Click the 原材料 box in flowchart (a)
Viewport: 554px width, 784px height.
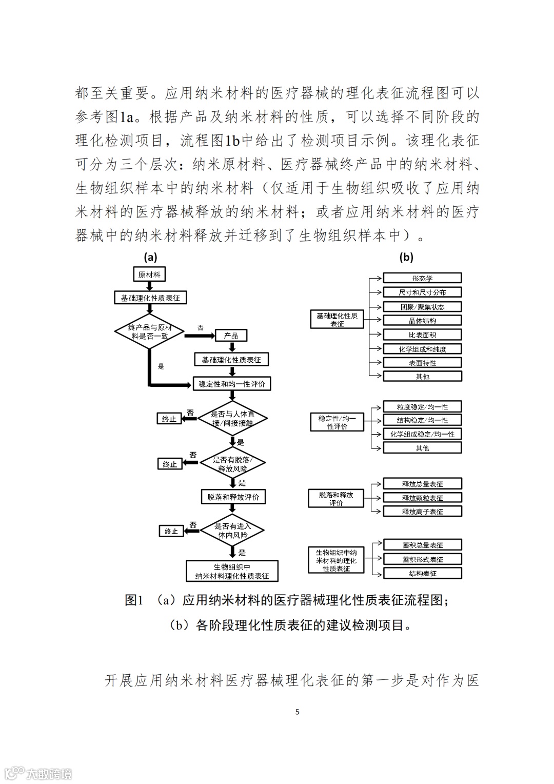pyautogui.click(x=149, y=275)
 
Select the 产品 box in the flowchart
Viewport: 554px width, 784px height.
pyautogui.click(x=231, y=336)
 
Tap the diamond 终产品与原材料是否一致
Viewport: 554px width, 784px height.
pyautogui.click(x=149, y=331)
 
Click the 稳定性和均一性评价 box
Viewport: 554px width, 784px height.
pyautogui.click(x=231, y=384)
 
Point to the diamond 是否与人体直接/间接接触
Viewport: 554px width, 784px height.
pyautogui.click(x=232, y=419)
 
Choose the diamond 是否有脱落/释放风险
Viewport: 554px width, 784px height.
pyautogui.click(x=232, y=464)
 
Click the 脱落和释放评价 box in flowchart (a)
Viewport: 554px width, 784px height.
pyautogui.click(x=233, y=497)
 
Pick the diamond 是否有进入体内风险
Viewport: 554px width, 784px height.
pyautogui.click(x=232, y=531)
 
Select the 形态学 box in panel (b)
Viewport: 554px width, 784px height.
pyautogui.click(x=422, y=278)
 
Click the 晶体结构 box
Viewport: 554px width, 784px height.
pyautogui.click(x=422, y=321)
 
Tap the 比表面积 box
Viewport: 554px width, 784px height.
pyautogui.click(x=422, y=335)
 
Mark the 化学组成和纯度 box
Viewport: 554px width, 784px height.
pyautogui.click(x=422, y=349)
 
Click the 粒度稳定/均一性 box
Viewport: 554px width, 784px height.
pyautogui.click(x=422, y=407)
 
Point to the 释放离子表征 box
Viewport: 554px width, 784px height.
pyautogui.click(x=422, y=512)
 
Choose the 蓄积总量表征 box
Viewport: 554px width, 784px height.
pyautogui.click(x=422, y=545)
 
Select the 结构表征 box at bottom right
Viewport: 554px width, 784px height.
pyautogui.click(x=422, y=574)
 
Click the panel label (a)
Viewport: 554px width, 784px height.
pyautogui.click(x=150, y=257)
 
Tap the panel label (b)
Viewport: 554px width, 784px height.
pyautogui.click(x=406, y=257)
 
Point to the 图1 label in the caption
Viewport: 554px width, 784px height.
pyautogui.click(x=134, y=600)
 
